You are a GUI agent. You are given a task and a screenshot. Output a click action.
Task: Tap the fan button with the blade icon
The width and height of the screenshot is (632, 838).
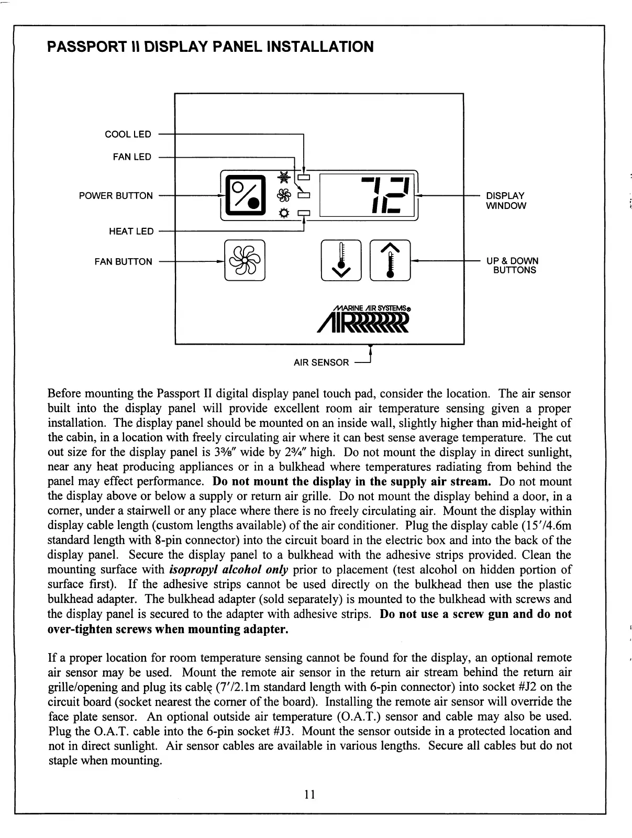coord(245,260)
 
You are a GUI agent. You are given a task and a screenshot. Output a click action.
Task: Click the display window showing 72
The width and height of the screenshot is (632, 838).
coord(369,195)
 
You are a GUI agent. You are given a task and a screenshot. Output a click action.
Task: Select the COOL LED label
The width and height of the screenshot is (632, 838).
coord(128,135)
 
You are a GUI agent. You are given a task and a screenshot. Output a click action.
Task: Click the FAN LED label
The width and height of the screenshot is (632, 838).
coord(132,157)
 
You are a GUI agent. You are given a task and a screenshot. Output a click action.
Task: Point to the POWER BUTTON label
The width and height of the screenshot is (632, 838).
coord(116,196)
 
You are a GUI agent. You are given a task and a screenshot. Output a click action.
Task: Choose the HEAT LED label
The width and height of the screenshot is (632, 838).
coord(131,231)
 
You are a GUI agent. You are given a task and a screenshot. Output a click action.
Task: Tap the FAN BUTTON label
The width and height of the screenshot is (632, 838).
coord(123,262)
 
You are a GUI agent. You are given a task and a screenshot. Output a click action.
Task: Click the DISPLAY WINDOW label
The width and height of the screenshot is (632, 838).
coord(506,201)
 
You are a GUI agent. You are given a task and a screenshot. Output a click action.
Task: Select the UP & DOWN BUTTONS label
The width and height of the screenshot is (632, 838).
coord(512,266)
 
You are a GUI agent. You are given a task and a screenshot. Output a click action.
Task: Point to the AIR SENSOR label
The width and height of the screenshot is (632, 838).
coord(321,362)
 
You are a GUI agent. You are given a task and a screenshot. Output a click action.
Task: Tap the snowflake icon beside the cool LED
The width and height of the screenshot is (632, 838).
coord(284,177)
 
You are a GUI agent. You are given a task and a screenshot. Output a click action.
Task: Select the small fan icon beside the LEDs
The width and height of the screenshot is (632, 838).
coord(284,195)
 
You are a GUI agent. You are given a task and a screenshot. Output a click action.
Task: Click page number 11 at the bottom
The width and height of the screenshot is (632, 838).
coord(309,795)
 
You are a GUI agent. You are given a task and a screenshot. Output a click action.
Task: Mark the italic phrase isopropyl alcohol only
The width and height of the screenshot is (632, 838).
coord(228,570)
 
